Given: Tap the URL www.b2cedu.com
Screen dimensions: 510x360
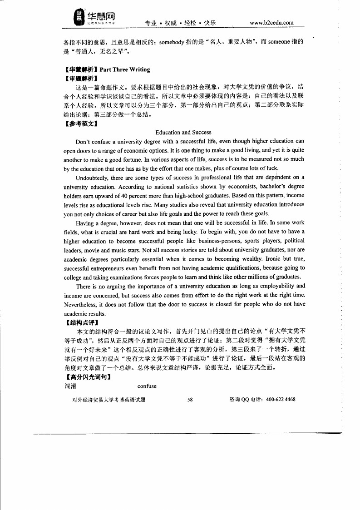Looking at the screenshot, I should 271,23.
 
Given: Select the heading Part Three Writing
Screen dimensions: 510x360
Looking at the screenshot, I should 124,69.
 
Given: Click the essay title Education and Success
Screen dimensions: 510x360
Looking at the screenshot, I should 183,132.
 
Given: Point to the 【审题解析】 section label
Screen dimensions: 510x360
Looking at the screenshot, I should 80,78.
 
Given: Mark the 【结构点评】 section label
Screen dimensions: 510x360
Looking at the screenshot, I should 80,323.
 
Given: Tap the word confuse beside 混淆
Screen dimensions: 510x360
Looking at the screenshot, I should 147,386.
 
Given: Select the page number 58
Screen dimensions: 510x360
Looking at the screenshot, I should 190,400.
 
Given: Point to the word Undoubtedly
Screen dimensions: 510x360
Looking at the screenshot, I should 92,177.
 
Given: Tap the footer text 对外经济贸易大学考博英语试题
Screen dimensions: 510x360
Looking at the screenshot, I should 108,400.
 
